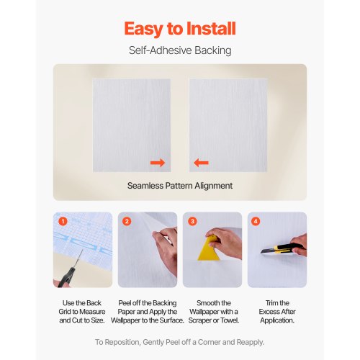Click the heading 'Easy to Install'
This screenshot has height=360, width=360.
[x=179, y=29]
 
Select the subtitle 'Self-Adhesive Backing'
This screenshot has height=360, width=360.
[x=179, y=51]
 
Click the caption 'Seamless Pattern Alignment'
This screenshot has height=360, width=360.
[x=179, y=186]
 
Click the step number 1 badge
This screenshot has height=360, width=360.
[x=63, y=222]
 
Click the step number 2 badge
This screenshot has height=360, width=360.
[x=127, y=222]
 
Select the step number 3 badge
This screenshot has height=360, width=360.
[x=192, y=222]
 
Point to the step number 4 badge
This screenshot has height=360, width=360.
[x=256, y=222]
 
